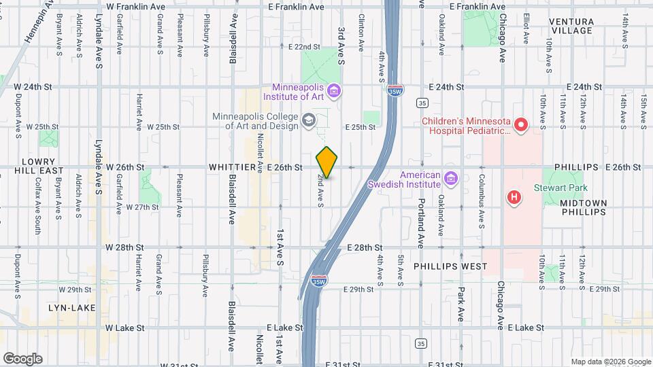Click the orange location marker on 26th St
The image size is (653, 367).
pyautogui.click(x=327, y=162)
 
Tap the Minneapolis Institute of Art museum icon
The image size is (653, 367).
pyautogui.click(x=333, y=90)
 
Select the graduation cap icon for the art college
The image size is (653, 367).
pyautogui.click(x=309, y=121)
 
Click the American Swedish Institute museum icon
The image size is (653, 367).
pyautogui.click(x=450, y=179)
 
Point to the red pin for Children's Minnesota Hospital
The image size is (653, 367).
pyautogui.click(x=521, y=124)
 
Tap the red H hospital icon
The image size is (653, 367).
pyautogui.click(x=515, y=197)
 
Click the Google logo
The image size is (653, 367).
pyautogui.click(x=22, y=359)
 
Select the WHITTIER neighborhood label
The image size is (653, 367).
pyautogui.click(x=231, y=167)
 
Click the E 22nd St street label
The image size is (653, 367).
pyautogui.click(x=304, y=47)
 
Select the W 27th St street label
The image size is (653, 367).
pyautogui.click(x=142, y=207)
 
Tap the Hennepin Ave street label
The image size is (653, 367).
pyautogui.click(x=41, y=22)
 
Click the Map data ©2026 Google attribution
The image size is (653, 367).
pyautogui.click(x=610, y=362)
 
